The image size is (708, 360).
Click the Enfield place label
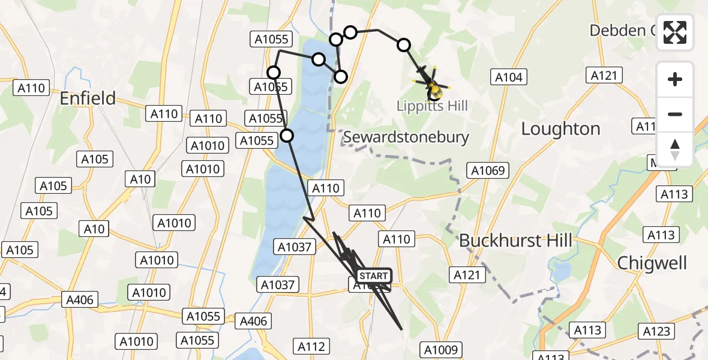88,98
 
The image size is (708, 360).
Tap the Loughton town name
560,128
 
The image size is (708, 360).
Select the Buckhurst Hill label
515,241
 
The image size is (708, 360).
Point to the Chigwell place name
652,262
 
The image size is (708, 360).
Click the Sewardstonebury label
406,137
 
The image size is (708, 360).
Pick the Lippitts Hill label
431,106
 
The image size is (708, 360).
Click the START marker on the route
374,276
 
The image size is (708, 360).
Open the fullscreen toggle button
675,32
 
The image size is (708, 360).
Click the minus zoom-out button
675,114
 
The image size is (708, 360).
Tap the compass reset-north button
675,149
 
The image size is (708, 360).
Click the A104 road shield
509,77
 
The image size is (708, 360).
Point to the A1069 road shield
489,170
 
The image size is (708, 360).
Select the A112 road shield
311,346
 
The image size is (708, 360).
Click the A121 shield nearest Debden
604,75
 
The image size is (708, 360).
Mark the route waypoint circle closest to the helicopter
404,44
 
